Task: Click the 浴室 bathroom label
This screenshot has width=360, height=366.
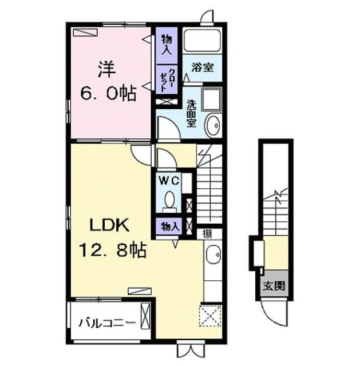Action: click(202, 67)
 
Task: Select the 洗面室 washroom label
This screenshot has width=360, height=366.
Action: click(191, 113)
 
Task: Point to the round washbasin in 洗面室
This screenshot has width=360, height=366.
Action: click(213, 125)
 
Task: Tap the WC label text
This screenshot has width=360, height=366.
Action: click(169, 180)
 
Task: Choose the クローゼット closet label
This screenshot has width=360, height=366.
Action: click(167, 79)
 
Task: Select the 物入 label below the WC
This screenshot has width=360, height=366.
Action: click(170, 226)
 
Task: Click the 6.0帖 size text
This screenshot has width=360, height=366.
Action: click(108, 93)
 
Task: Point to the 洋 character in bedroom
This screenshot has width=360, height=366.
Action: click(107, 69)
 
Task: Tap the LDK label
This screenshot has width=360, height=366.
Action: click(109, 225)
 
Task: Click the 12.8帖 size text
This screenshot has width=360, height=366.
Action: click(113, 249)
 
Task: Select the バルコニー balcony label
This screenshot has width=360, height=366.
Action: click(107, 323)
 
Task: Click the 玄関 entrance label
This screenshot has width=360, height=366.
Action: click(274, 286)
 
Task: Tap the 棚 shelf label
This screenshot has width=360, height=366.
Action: click(207, 234)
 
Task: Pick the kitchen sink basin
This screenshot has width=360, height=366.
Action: click(213, 254)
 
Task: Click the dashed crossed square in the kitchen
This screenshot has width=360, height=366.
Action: click(211, 316)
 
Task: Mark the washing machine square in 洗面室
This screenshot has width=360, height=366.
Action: click(212, 100)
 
